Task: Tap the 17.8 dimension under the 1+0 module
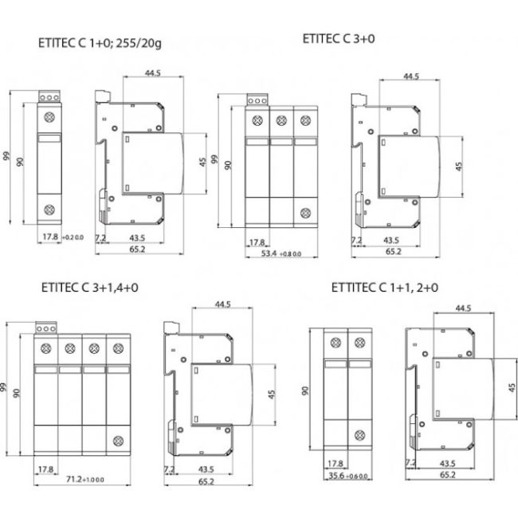tap(50, 237)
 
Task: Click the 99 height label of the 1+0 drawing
tap(6, 157)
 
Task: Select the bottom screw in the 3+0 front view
tap(305, 213)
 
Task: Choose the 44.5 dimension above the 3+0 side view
tap(410, 77)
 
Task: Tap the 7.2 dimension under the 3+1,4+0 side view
tap(167, 469)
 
